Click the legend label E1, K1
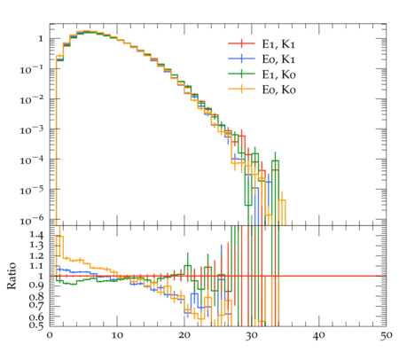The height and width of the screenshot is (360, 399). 278,44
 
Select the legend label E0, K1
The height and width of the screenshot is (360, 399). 278,59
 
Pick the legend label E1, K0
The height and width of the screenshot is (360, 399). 278,74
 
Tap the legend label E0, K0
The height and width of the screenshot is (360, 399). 278,90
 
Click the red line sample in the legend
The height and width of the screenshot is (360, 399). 241,43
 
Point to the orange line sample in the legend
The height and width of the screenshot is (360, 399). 241,89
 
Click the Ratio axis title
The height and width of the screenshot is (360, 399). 12,276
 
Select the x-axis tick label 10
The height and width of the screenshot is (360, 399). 117,335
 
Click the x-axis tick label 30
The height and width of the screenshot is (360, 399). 252,335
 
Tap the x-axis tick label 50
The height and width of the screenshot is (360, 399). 386,335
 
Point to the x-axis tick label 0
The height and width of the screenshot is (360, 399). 50,335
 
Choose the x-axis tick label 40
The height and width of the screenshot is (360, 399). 319,335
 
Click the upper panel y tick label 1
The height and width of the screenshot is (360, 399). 41,39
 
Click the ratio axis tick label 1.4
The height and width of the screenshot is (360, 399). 36,235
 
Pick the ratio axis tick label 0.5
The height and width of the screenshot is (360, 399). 36,325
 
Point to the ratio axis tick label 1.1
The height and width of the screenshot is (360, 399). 36,266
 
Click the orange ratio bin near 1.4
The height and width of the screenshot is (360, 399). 60,236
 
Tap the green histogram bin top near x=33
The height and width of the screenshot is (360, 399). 275,160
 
